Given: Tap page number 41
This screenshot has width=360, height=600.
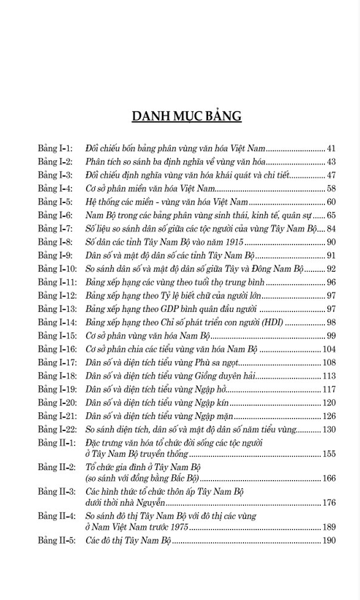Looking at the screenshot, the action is pyautogui.click(x=330, y=148).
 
